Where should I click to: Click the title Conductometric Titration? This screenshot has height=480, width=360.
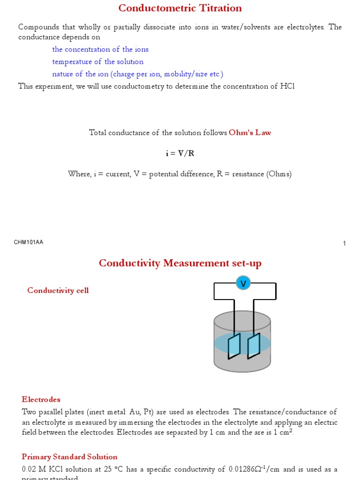point(180,8)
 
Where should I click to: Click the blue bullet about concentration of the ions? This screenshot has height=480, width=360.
point(100,49)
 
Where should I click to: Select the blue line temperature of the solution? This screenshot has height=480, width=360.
point(97,61)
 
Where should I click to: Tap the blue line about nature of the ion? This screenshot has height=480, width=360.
point(138,74)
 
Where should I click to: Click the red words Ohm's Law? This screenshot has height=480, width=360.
point(250,133)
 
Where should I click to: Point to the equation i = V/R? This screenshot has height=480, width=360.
point(180,153)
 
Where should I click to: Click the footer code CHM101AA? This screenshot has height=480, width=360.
point(29,242)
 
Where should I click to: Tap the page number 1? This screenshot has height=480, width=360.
point(345,243)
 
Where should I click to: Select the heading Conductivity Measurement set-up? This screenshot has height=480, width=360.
point(180,263)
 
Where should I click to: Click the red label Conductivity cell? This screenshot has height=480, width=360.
point(58,290)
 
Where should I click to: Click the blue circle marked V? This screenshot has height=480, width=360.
point(243,283)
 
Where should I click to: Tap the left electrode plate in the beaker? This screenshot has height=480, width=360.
point(234,345)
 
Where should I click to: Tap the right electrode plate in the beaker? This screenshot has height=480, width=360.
point(254,345)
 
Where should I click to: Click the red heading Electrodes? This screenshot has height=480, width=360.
point(41,399)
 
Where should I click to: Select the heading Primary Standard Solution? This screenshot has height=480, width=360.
point(69,457)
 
